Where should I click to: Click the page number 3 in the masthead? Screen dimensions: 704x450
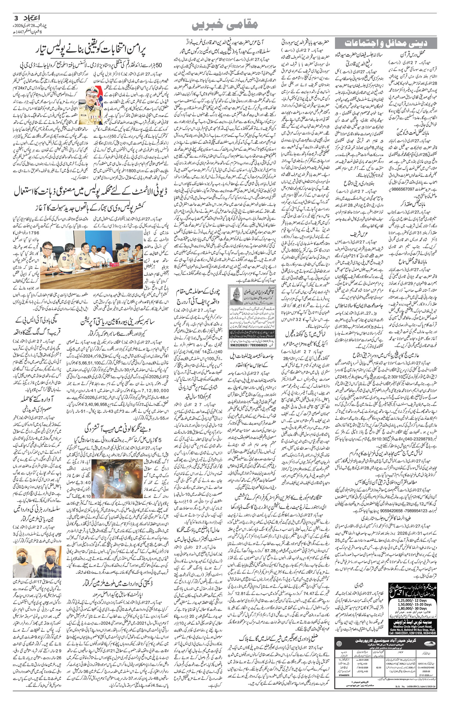16,17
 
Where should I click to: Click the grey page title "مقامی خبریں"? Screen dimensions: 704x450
225,24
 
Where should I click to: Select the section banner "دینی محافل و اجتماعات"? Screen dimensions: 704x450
386,43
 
